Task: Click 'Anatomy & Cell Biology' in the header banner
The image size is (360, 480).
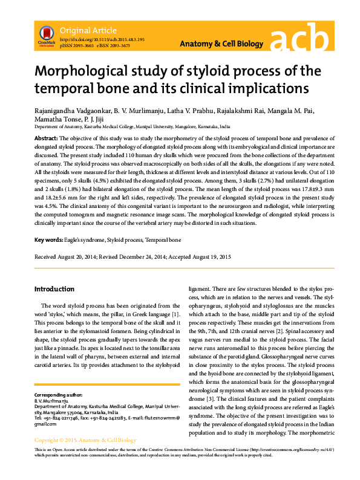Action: pos(222,44)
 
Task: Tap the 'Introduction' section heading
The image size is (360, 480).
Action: pos(54,289)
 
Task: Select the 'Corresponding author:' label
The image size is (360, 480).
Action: pos(61,394)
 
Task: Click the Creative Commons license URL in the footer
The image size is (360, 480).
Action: pos(292,467)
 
